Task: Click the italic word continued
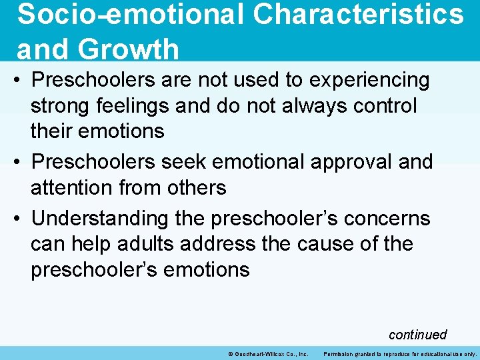pos(417,334)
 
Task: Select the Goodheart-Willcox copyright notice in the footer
pos(267,353)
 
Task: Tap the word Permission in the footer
pos(341,353)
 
